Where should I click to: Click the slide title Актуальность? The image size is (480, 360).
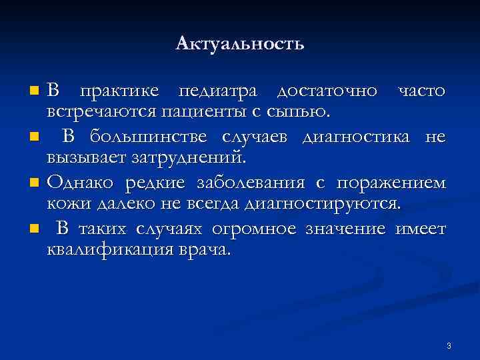pos(240,45)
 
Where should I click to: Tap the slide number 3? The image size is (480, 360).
pos(449,345)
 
